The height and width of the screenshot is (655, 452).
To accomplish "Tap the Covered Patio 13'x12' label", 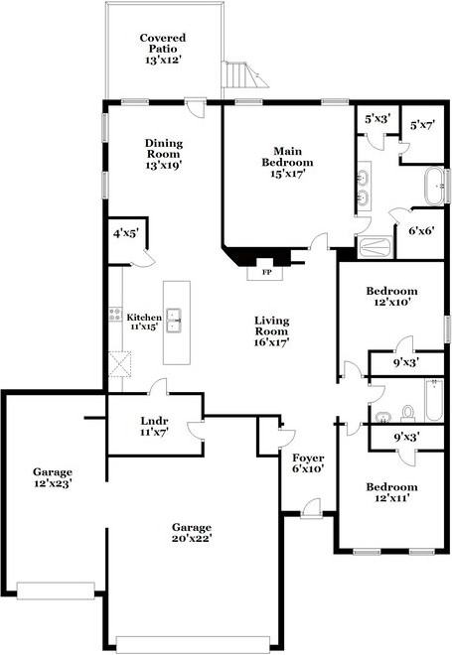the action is pos(163,49).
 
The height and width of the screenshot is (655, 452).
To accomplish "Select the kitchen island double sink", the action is pos(174,321).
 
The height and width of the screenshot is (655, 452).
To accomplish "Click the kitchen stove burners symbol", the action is pos(114,315).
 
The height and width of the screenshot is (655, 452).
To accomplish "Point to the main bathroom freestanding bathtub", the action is pos(435,186).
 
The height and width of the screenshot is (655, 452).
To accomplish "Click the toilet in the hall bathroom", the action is pos(407,412).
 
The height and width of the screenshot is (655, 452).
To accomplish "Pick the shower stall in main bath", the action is pos(375,247).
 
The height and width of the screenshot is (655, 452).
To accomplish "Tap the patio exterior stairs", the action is pos(245,74).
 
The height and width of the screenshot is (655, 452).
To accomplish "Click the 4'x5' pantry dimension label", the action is pos(126,233).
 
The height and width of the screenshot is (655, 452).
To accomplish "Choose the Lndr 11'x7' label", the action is pos(154,426).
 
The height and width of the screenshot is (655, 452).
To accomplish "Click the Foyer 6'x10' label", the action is pos(308,463).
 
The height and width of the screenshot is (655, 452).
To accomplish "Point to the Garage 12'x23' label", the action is pos(53,478).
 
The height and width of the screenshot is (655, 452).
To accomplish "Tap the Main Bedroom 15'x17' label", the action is pos(287,162).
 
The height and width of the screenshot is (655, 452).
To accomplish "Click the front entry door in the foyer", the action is pos(311,509).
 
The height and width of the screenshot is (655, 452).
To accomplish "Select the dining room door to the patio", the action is pos(196,107).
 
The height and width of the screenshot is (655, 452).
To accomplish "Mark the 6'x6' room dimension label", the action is pos(420,230).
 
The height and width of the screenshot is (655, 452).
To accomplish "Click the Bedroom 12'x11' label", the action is pos(391,492).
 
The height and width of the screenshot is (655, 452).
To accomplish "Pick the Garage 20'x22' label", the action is pos(192,533).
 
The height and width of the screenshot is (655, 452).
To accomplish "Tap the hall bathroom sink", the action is pos(382,417).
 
